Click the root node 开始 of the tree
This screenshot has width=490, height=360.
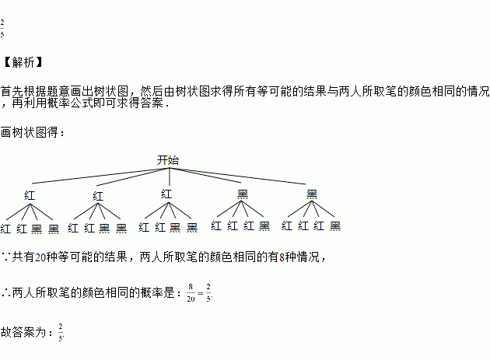pos(168,160)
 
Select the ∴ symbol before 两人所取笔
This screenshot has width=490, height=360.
pos(6,293)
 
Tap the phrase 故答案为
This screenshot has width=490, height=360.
pos(26,332)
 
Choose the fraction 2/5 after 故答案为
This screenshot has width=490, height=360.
pos(61,332)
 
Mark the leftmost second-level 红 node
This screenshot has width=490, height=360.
pos(30,194)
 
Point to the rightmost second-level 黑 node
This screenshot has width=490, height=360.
pos(312,194)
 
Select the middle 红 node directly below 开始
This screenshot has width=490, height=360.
pos(166,193)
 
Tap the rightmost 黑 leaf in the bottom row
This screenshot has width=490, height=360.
pos(335,226)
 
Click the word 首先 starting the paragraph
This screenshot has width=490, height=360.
pos(12,90)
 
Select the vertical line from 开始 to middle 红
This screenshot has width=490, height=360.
pos(169,177)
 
